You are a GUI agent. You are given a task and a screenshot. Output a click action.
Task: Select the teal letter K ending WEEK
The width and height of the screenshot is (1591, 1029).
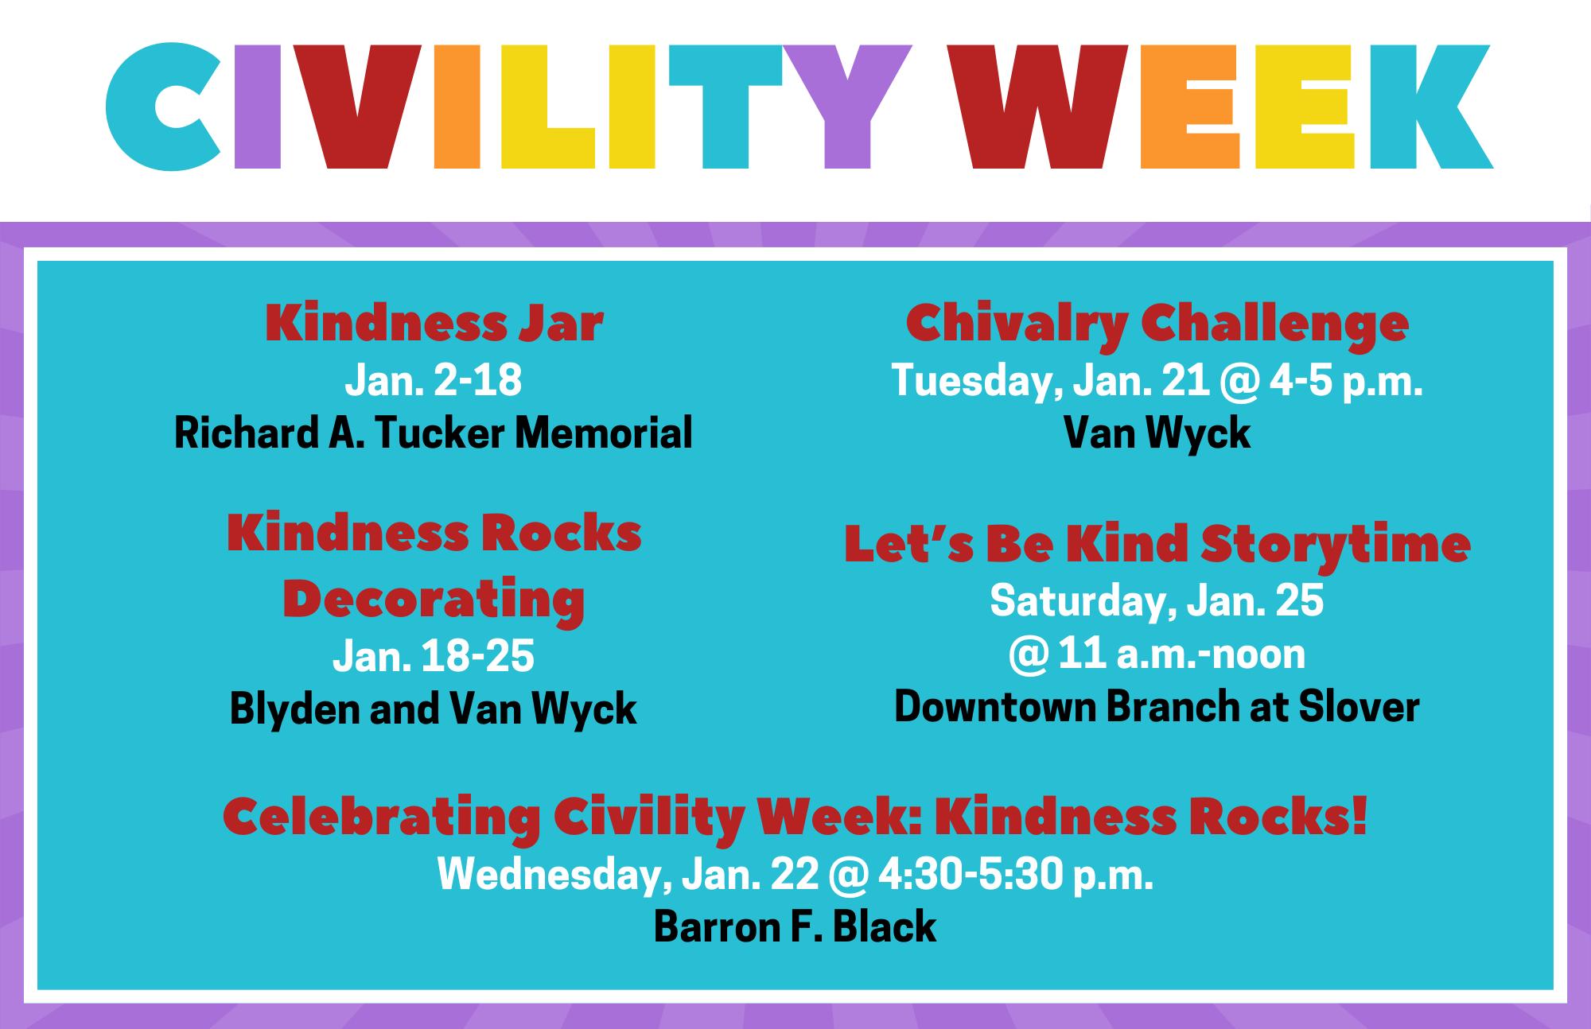[1430, 107]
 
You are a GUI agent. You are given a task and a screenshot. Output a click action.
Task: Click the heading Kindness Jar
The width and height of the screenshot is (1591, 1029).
[434, 324]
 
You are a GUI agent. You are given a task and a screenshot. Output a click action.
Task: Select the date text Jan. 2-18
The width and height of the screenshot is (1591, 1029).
[434, 379]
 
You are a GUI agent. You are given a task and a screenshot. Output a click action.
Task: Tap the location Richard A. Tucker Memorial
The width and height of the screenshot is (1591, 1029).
[434, 433]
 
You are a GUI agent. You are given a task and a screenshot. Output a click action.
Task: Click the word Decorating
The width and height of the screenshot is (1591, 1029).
[434, 600]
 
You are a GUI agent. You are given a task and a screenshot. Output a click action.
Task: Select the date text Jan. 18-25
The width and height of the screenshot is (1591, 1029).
[434, 657]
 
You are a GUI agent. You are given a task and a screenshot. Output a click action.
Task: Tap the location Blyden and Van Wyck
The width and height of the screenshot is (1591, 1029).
[434, 709]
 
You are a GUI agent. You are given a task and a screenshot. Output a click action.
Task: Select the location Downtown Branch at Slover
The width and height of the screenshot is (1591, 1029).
[1157, 707]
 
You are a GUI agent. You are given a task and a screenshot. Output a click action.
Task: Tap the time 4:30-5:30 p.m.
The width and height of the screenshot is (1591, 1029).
[1015, 876]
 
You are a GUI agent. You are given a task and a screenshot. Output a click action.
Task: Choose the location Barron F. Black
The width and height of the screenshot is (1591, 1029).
[795, 926]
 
